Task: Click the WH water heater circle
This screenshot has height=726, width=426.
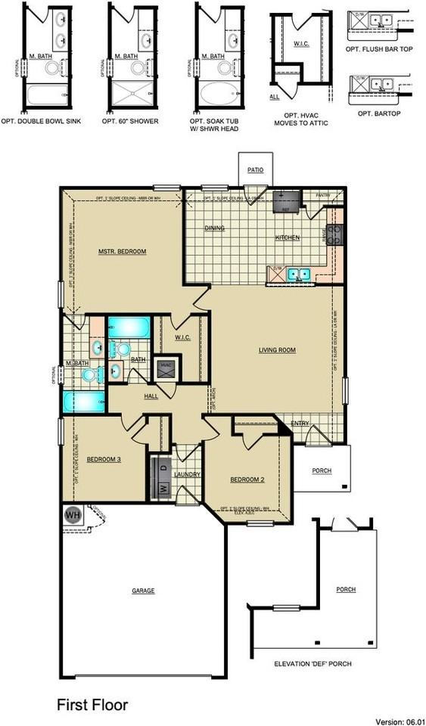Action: coord(73,515)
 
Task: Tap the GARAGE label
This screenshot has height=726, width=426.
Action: coord(143,591)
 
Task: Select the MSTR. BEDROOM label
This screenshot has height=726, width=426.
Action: coord(122,251)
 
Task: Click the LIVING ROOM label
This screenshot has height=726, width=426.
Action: coord(277,350)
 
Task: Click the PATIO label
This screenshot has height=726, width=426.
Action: coord(255,170)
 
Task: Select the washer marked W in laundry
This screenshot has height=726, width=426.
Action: coord(162,489)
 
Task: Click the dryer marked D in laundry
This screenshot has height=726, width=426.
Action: coord(162,467)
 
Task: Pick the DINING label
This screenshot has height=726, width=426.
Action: coord(216,228)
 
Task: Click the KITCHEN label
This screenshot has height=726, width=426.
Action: coord(287,237)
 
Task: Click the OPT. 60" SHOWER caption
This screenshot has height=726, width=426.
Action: coord(133,121)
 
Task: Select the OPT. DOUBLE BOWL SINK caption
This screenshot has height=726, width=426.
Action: coord(50,121)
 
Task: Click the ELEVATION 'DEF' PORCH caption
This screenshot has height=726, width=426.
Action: coord(313,664)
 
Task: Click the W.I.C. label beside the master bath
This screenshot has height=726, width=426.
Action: coord(182,337)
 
